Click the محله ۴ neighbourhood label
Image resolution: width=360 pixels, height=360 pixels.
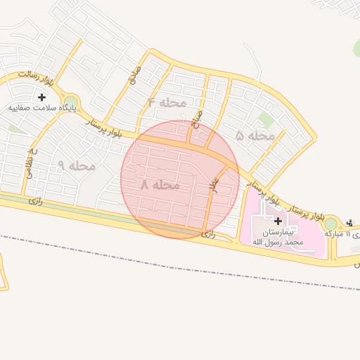point(167,103)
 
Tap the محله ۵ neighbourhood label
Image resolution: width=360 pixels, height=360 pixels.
point(255,136)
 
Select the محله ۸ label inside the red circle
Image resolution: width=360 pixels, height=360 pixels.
point(161,185)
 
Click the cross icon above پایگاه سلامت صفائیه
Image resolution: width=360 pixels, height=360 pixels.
point(41,97)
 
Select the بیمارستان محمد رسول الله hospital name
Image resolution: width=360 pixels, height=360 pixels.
point(278,236)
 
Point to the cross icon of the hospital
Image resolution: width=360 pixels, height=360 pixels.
point(278,221)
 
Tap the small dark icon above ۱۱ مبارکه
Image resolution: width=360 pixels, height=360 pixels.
point(350,224)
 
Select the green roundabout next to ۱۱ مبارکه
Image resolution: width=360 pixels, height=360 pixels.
point(330,224)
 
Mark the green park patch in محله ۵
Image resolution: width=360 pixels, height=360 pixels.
point(265,120)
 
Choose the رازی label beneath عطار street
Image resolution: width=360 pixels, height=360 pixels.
point(207,233)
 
